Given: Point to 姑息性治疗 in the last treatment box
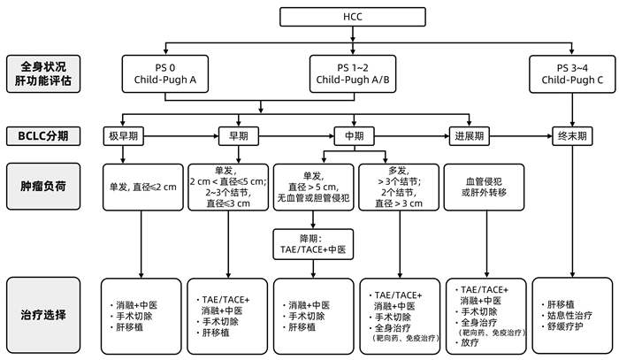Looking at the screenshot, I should pos(569,315).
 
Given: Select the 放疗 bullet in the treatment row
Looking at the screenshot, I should pos(470,341).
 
